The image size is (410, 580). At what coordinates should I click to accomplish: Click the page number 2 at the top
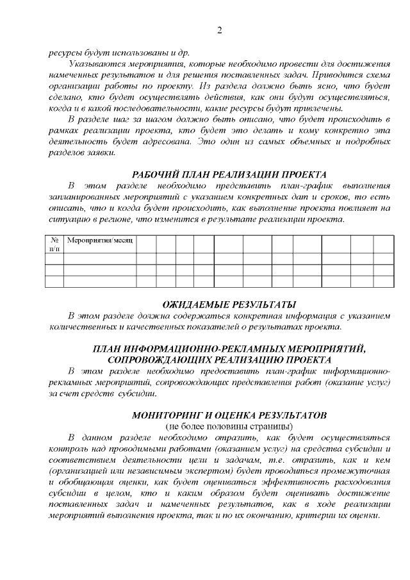tap(219, 30)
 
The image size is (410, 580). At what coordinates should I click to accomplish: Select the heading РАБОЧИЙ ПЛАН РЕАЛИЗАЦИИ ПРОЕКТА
tap(229, 174)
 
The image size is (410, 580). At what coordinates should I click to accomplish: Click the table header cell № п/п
tap(54, 244)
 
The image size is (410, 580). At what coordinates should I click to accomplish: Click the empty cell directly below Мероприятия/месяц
tap(99, 259)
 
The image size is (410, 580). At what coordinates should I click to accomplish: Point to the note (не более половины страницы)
tap(229, 426)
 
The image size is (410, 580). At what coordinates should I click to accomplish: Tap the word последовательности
tap(126, 108)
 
